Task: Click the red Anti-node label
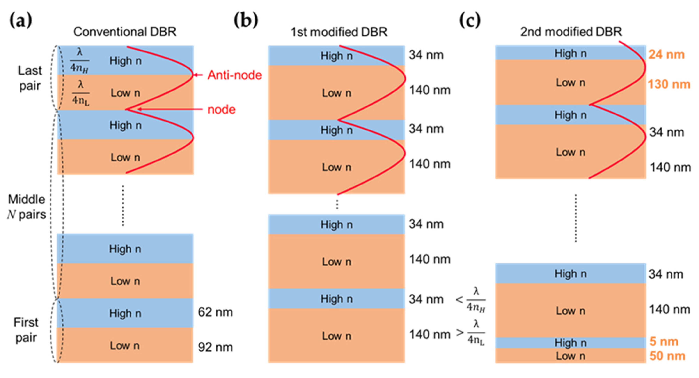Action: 234,75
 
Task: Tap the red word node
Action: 221,110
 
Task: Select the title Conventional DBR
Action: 125,32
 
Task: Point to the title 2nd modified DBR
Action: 571,32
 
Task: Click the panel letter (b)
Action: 246,21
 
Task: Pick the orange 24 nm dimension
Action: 666,55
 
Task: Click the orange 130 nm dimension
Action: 669,84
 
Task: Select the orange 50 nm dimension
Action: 667,356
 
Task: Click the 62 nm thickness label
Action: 215,312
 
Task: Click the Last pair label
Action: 30,78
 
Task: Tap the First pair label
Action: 26,330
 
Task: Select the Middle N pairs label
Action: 27,207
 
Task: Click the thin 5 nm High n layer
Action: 570,343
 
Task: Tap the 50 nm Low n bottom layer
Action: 570,356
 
